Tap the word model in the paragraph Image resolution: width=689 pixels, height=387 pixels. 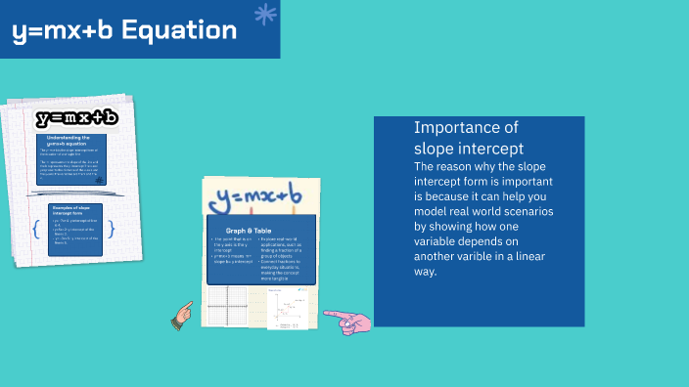click(x=432, y=211)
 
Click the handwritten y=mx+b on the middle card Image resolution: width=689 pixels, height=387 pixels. click(x=258, y=198)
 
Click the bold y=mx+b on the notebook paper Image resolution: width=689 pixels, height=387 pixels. click(x=77, y=118)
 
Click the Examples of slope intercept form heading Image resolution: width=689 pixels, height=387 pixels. click(x=75, y=212)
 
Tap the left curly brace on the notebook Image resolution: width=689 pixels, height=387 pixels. click(x=36, y=230)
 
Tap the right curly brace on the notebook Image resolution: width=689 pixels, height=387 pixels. click(x=113, y=230)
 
